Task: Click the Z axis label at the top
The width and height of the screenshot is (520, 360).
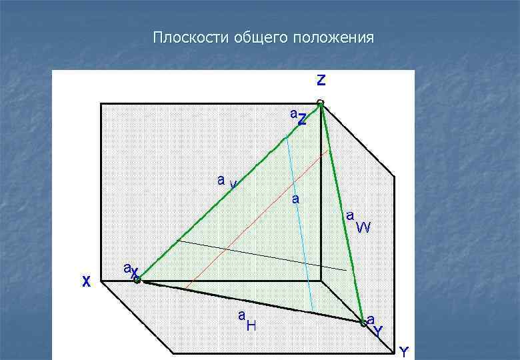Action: tap(321, 80)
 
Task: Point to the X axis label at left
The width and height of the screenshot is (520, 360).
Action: tap(85, 281)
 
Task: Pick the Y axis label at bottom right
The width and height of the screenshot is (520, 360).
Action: tap(403, 351)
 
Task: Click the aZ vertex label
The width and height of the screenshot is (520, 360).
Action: tap(298, 117)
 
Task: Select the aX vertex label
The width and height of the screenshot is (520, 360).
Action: tap(131, 270)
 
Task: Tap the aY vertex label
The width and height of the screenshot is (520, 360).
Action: tap(374, 325)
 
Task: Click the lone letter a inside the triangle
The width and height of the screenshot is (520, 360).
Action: tap(295, 199)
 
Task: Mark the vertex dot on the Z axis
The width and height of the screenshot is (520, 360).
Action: tap(321, 103)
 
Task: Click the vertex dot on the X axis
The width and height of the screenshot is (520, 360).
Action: tap(137, 281)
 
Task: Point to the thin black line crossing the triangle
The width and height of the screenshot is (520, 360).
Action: tap(267, 256)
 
